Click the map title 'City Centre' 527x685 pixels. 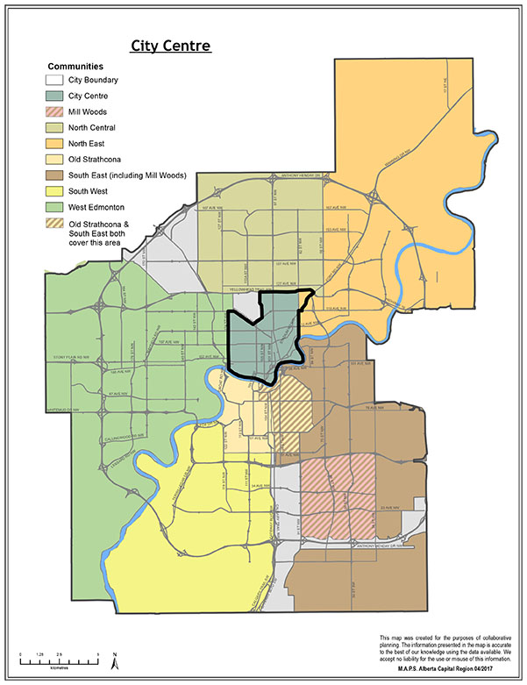click(170, 46)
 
